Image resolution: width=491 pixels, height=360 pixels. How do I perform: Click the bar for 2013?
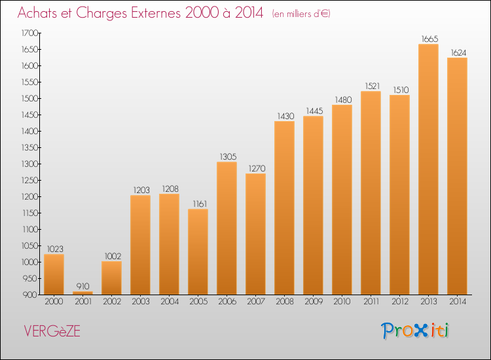click(428, 170)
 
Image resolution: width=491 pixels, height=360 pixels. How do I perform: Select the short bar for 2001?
click(82, 293)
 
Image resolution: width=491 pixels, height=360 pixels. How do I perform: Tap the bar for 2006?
click(227, 228)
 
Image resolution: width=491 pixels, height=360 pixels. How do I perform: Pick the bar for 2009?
click(313, 206)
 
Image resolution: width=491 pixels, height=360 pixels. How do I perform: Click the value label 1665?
click(429, 39)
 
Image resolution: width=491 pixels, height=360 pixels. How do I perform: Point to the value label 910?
click(83, 286)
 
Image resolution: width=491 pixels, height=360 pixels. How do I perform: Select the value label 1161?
click(200, 204)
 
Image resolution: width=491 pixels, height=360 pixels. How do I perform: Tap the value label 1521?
click(373, 86)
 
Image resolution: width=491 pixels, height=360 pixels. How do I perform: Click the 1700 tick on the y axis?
click(29, 33)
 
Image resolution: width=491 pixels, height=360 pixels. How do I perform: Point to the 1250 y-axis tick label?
click(29, 180)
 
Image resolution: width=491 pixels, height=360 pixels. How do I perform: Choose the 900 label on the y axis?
click(30, 295)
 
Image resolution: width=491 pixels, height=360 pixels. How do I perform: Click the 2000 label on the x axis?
click(54, 302)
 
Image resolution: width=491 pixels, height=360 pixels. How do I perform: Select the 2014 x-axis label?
click(458, 302)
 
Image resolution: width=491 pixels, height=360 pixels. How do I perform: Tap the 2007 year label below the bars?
click(256, 302)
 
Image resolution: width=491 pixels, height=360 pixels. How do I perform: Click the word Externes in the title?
click(156, 13)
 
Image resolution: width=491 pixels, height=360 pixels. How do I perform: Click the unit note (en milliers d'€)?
click(301, 14)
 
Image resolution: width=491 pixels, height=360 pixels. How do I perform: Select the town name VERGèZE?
click(52, 331)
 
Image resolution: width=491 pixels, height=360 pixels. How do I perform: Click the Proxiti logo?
click(415, 331)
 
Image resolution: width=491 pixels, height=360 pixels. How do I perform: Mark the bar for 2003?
click(140, 245)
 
